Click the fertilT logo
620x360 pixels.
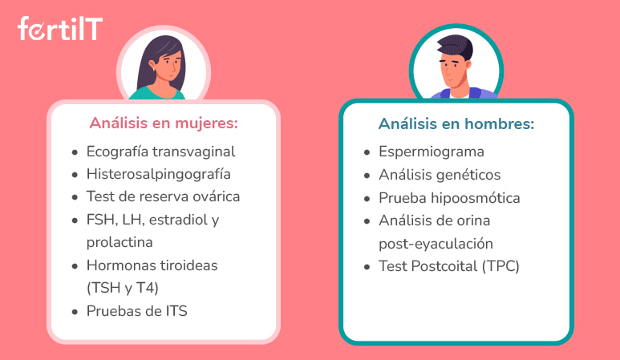(x=59, y=30)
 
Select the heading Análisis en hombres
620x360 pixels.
(x=456, y=125)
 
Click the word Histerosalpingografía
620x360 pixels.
(x=159, y=174)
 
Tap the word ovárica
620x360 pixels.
(x=213, y=196)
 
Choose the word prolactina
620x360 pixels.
(x=120, y=241)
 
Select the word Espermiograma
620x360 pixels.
(x=432, y=152)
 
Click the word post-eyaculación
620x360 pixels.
(x=436, y=244)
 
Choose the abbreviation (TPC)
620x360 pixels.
(x=500, y=267)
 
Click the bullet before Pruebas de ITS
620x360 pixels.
(x=75, y=312)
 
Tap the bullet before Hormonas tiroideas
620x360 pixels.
(x=75, y=265)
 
